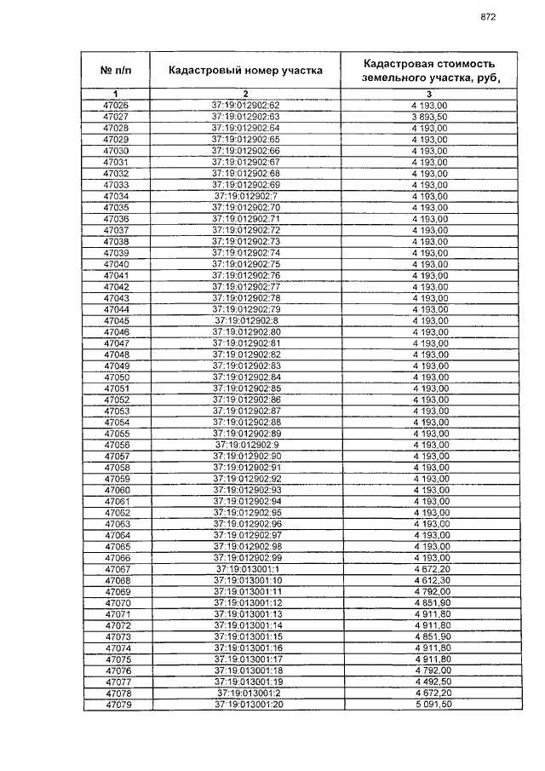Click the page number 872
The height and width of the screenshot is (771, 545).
pos(488,16)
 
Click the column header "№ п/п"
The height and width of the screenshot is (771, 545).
pos(116,70)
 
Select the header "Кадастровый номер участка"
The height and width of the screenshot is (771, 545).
pos(245,70)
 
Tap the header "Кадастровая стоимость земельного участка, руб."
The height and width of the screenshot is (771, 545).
pos(429,70)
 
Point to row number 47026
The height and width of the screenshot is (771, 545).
pos(116,105)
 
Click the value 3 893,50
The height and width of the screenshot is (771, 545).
pos(429,116)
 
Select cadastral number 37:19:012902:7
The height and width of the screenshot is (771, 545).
pos(245,196)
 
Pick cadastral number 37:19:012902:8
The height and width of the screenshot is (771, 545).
pos(245,320)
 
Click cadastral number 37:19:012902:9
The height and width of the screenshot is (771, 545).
pos(245,445)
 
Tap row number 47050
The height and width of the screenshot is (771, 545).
pos(116,377)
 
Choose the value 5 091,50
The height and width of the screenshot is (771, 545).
pos(429,705)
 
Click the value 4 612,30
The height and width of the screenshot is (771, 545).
pos(429,581)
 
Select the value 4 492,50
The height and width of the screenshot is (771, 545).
pos(429,682)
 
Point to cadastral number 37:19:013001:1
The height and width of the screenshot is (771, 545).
pos(245,569)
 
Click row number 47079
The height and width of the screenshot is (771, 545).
pos(116,705)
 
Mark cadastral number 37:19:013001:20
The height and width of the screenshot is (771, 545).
pos(245,705)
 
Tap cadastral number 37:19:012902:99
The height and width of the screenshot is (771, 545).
pos(245,558)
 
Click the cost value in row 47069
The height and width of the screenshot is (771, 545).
pos(429,592)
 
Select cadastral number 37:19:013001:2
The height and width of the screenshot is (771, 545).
pos(245,694)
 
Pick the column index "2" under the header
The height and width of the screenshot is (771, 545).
pos(245,93)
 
